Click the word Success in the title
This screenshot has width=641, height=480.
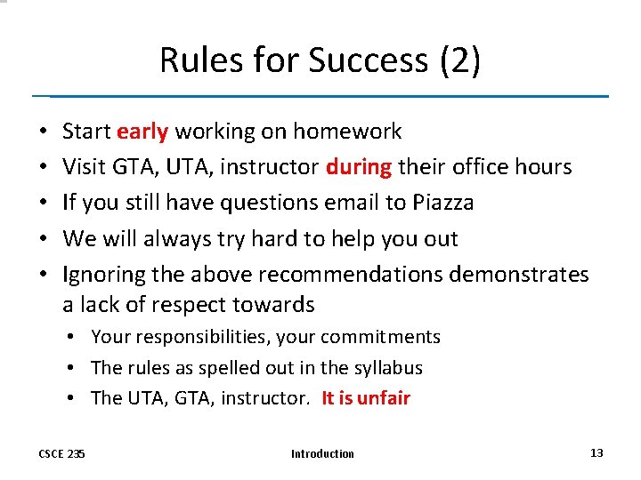coord(366,60)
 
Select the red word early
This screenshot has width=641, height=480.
coord(142,132)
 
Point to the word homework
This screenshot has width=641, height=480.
coord(348,132)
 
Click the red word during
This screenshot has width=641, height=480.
coord(359,167)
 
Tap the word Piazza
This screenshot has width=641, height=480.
coord(443,203)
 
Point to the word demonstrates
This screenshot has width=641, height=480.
coord(519,275)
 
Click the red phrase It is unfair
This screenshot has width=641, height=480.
coord(366,397)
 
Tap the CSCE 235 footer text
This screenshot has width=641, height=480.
coord(62,453)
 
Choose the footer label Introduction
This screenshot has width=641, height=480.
coord(322,453)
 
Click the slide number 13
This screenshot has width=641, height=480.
coord(596,452)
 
